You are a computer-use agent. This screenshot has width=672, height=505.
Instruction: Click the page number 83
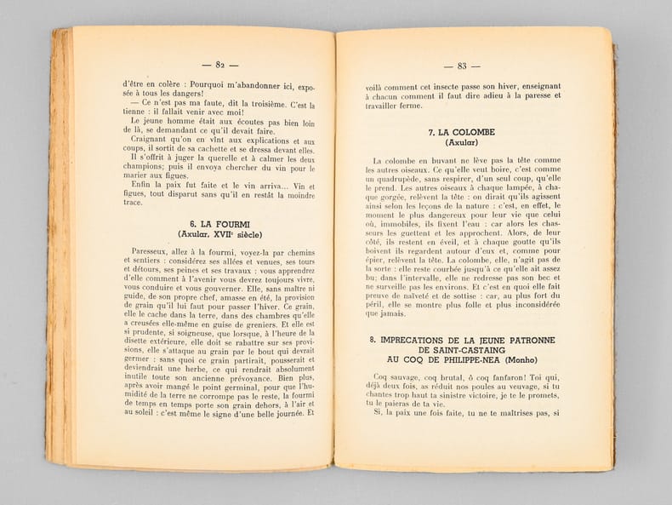coord(462,66)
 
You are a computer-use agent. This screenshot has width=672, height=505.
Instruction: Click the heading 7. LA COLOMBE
coord(462,132)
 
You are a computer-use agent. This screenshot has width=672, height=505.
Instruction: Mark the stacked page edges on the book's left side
coord(61,247)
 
